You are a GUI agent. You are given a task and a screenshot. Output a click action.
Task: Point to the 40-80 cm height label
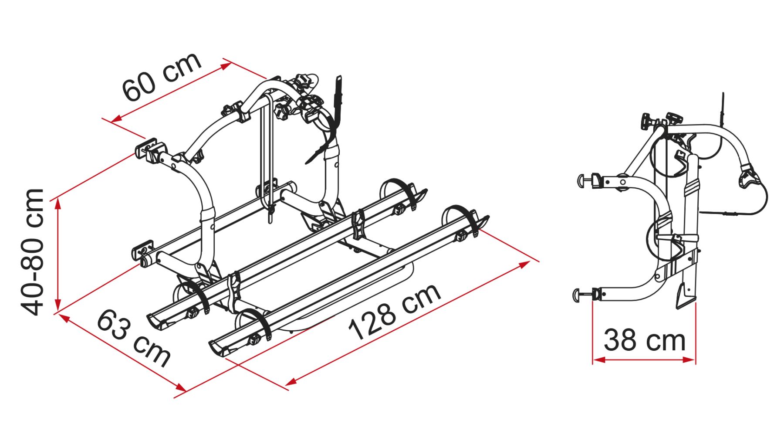[x=33, y=251]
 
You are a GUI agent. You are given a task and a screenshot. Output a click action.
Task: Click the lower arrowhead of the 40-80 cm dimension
[x=58, y=304]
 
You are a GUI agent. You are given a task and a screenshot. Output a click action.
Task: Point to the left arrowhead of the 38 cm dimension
[x=598, y=360]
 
